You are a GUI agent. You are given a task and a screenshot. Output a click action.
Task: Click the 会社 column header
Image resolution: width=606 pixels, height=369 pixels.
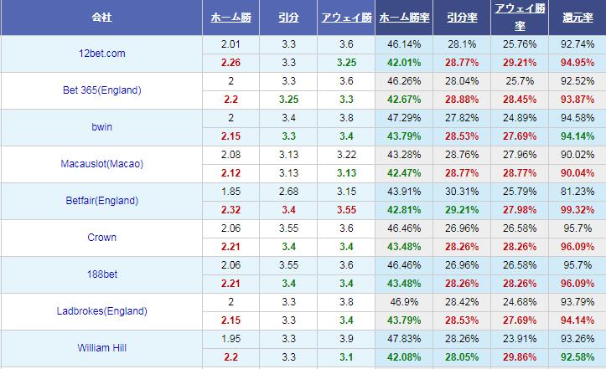tap(101, 17)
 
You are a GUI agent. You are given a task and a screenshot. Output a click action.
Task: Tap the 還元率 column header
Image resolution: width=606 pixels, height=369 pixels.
tap(578, 17)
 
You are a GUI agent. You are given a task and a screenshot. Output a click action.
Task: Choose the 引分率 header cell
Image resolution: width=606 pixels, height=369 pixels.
tap(462, 17)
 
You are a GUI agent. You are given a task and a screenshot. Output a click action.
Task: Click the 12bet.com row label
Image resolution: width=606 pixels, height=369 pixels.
tap(101, 54)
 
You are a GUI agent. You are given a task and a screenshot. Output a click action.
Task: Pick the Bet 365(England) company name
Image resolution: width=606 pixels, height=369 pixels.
tap(101, 90)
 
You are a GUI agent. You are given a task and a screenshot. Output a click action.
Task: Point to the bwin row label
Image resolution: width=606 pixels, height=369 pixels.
tap(101, 127)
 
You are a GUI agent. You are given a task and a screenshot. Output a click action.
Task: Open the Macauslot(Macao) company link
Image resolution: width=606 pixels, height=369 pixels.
tap(101, 164)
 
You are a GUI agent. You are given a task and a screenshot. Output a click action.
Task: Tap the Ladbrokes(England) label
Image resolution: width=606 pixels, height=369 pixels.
tap(101, 311)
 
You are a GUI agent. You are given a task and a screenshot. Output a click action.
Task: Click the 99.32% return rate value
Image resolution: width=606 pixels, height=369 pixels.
tap(578, 210)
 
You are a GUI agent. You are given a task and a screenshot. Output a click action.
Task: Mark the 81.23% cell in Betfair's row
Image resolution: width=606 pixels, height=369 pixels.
tap(578, 192)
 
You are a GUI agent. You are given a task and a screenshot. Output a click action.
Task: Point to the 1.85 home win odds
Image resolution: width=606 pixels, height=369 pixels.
tap(230, 192)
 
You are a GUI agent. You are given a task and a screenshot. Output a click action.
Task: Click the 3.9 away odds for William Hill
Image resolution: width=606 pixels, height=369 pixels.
tap(346, 339)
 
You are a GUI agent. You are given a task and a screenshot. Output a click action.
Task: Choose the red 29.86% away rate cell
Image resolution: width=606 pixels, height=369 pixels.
tap(521, 357)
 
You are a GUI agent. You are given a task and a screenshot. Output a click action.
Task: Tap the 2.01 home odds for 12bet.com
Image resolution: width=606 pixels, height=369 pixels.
tap(230, 44)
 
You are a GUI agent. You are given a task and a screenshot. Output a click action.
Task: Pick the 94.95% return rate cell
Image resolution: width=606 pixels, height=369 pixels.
tap(578, 63)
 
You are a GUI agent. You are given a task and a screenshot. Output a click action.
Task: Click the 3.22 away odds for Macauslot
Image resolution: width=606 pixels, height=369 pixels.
tap(346, 155)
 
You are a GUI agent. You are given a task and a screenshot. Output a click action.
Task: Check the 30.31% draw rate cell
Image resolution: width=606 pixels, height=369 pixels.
tap(462, 192)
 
